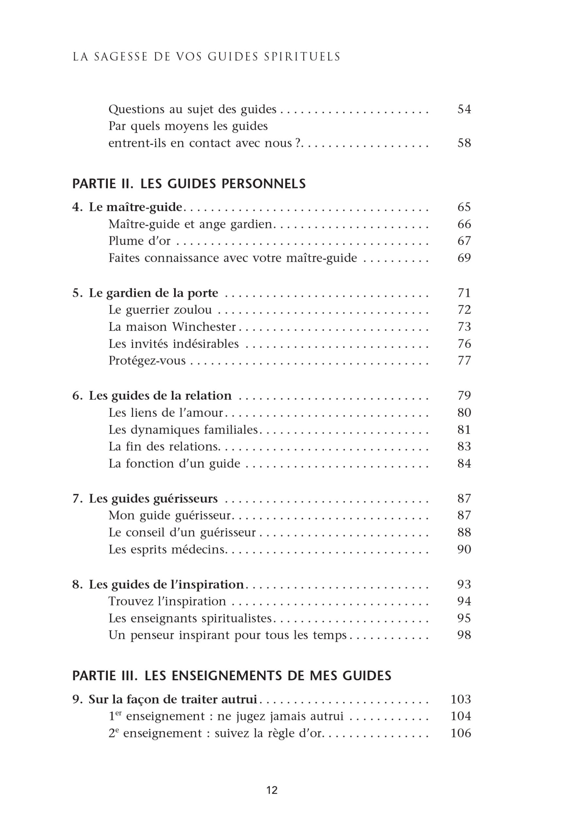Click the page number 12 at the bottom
pos(272,790)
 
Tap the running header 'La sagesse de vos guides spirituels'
pos(206,57)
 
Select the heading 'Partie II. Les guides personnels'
pos(189,184)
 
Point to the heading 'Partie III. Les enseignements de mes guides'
pos(232,676)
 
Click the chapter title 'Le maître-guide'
pos(135,207)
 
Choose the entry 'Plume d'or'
pos(139,241)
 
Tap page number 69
pos(464,258)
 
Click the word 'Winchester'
pos(204,327)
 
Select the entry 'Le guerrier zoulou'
pos(160,310)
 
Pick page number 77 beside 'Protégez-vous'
pos(464,361)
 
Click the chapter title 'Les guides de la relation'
pos(160,395)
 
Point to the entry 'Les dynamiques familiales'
pos(183,429)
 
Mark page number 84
pos(464,463)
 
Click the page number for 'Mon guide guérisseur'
pos(464,515)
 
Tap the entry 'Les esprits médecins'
pos(167,549)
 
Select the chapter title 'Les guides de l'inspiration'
pos(166,584)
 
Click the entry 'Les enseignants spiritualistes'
pos(190,618)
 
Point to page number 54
pos(464,109)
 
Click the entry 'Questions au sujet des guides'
pos(192,109)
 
